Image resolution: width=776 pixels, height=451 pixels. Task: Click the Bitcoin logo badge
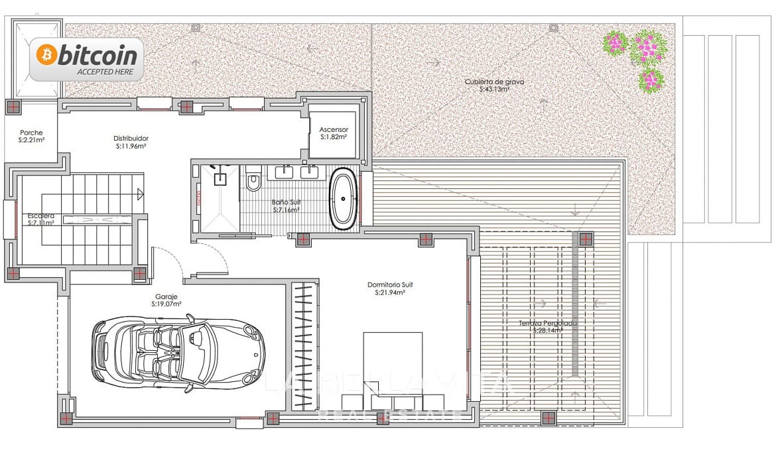86,59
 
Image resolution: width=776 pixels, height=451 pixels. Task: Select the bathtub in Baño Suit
343,199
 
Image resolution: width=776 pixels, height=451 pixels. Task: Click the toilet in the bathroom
253,181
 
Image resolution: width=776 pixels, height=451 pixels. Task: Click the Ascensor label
334,129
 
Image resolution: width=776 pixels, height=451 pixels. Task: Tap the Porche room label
31,132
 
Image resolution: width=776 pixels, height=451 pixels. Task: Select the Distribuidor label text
130,139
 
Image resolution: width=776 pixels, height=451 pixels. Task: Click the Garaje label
166,296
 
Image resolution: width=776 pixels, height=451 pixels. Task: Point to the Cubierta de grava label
494,82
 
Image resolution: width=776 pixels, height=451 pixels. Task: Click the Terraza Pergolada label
548,323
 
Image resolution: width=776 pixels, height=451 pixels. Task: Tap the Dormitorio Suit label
390,285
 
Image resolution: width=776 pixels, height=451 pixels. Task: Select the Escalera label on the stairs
40,216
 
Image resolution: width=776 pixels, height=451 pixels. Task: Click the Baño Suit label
286,202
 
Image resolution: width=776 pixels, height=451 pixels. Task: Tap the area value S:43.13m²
494,89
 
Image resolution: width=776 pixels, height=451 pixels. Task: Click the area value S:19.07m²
166,304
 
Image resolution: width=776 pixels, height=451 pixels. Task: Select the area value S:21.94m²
390,292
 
